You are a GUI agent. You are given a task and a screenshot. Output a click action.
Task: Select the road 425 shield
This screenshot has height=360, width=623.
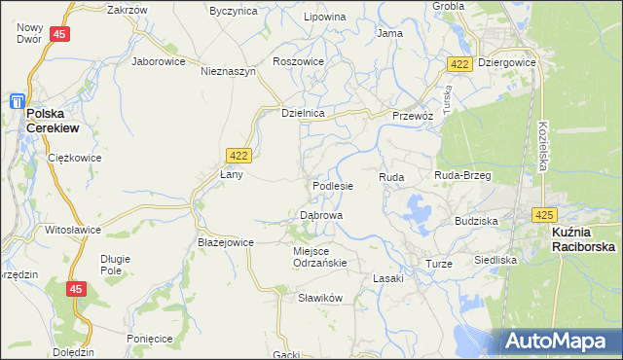tap(544, 214)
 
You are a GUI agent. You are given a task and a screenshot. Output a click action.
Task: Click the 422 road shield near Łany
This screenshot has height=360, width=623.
tap(238, 155)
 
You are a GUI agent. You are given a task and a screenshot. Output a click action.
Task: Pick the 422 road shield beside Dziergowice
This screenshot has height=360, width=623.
tap(460, 63)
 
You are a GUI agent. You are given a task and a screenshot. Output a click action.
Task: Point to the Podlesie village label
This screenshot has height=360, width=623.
tap(333, 185)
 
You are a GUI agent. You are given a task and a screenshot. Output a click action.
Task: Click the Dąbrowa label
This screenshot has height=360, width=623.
tap(320, 214)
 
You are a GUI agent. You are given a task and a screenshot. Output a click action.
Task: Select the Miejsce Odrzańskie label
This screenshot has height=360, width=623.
tap(320, 256)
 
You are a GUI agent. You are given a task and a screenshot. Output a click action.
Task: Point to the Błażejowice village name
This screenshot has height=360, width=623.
tap(226, 242)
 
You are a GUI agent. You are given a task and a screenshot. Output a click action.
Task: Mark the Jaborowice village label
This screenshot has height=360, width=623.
tap(159, 60)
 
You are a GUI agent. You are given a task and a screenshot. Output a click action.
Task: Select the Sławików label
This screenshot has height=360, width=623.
tap(322, 298)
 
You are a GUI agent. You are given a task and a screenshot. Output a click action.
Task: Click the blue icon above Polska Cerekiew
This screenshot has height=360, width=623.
tap(17, 100)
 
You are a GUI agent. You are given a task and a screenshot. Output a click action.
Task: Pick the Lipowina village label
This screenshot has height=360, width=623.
tap(324, 18)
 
